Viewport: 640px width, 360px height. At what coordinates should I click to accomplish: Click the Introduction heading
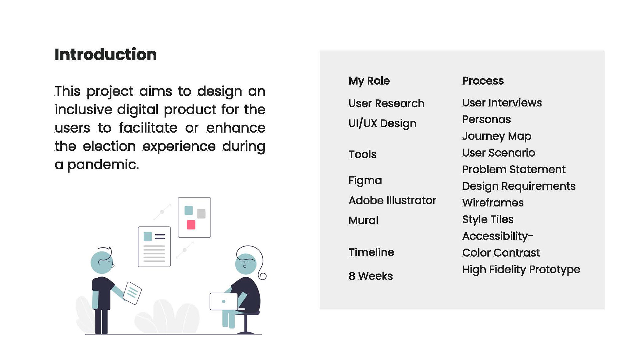point(106,55)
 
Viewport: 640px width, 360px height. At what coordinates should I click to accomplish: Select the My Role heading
point(369,81)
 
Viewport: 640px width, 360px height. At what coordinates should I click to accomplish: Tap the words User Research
point(386,103)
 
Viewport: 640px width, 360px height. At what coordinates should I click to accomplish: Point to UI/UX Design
point(382,123)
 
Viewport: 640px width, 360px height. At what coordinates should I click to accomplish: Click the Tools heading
point(363,154)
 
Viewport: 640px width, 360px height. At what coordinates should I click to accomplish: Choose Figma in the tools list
point(365,181)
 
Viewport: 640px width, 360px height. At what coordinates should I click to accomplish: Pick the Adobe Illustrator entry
point(392,200)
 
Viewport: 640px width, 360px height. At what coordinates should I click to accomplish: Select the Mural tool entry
point(363,220)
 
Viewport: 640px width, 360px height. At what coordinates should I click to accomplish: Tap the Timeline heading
point(371,252)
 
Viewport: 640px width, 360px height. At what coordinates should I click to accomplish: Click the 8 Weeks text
point(371,276)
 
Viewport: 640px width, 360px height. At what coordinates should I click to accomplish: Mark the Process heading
point(483,81)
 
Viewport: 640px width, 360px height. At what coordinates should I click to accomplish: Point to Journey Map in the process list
point(497,136)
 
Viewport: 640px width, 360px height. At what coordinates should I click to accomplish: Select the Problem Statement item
point(514,169)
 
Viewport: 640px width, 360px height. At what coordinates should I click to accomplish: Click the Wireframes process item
point(493,203)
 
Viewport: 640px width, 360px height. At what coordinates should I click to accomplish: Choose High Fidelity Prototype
point(521,270)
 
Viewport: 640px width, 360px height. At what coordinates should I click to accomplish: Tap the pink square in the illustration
point(191,225)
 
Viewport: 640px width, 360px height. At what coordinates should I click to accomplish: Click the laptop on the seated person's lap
point(224,301)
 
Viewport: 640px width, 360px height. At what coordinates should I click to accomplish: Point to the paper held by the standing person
point(132,293)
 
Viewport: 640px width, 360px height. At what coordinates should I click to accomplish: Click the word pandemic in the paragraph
point(103,165)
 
